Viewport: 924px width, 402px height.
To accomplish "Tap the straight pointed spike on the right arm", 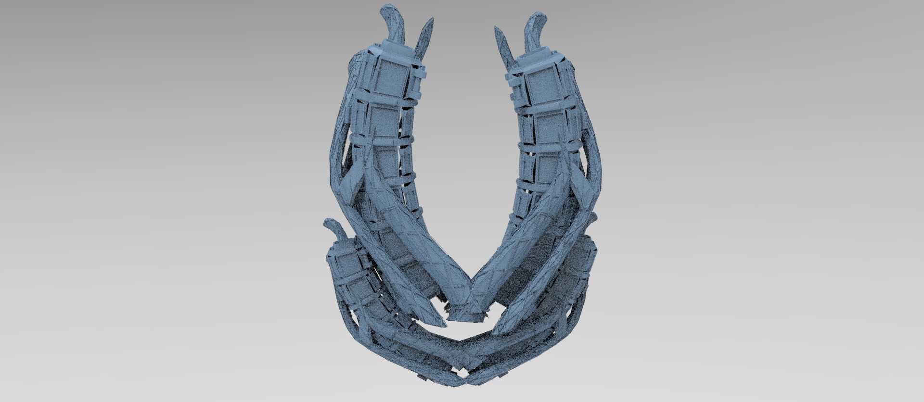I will (502, 46).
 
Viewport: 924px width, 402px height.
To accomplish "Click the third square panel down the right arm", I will (544, 166).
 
